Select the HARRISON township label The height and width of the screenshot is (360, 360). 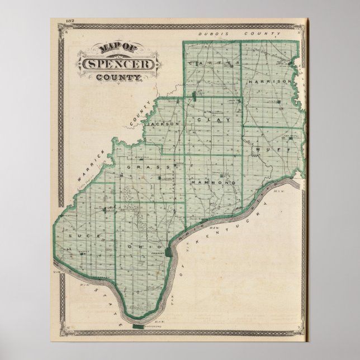[271, 81]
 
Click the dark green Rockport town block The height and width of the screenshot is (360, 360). [167, 247]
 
